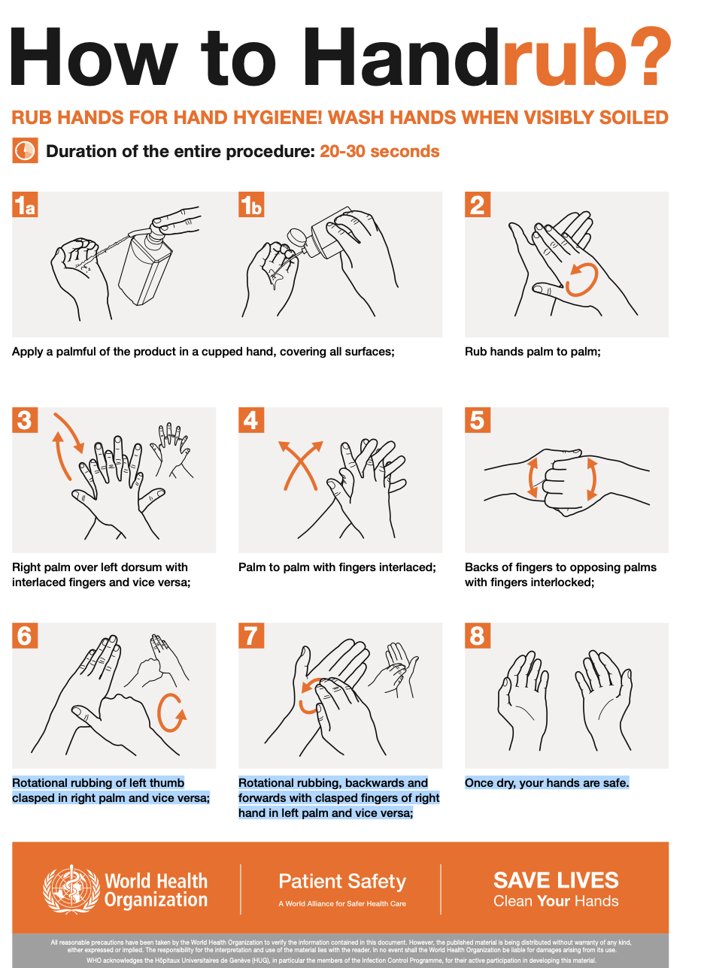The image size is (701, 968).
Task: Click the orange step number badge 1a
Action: pyautogui.click(x=25, y=205)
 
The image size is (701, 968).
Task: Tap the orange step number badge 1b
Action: pyautogui.click(x=251, y=205)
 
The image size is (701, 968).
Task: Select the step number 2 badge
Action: pyautogui.click(x=478, y=205)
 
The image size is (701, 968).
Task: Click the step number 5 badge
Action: pyautogui.click(x=478, y=420)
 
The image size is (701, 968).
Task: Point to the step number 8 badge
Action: pyautogui.click(x=478, y=636)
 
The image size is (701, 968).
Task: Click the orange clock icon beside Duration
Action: pyautogui.click(x=25, y=150)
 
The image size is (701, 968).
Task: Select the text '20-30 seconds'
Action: pyautogui.click(x=379, y=151)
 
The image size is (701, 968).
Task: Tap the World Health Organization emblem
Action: pyautogui.click(x=71, y=890)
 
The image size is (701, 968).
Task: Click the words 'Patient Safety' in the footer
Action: pyautogui.click(x=342, y=881)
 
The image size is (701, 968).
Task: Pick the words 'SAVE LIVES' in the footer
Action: pyautogui.click(x=556, y=880)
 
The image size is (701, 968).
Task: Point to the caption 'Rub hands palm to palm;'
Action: pyautogui.click(x=533, y=351)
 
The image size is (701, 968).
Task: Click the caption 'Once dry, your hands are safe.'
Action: pyautogui.click(x=547, y=782)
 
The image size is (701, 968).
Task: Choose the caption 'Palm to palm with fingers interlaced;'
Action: pyautogui.click(x=337, y=567)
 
